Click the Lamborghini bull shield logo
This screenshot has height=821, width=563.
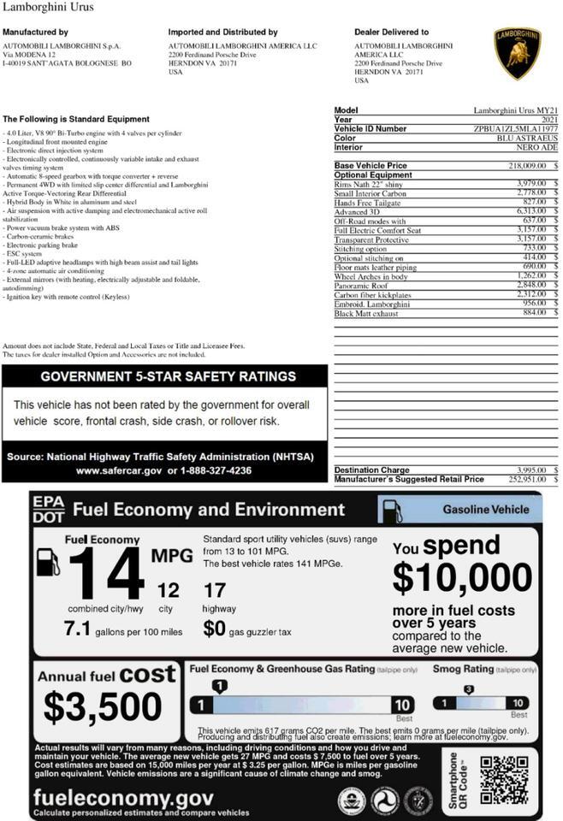point(517,53)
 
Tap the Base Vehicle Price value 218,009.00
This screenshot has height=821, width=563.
point(528,165)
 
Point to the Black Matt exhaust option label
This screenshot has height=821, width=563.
point(365,314)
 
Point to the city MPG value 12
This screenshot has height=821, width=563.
point(169,590)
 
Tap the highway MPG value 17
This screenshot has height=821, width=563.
point(215,590)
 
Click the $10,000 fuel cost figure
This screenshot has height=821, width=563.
point(462,579)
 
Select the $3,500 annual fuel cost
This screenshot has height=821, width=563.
point(103,707)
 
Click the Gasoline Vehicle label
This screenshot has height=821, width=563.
point(485,510)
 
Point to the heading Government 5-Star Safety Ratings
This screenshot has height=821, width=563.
point(168,376)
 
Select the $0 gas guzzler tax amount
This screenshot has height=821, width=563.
point(214,629)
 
